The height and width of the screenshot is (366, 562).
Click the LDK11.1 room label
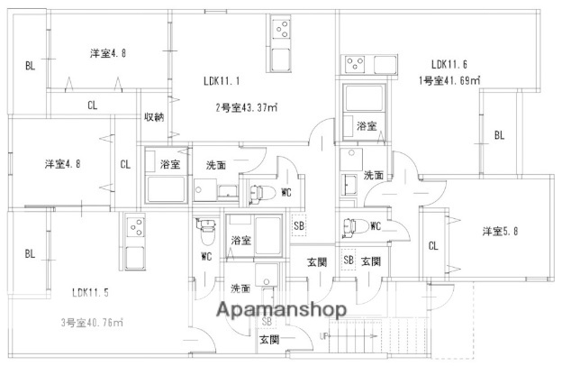pos(220,81)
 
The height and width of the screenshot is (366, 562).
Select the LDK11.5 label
pos(92,292)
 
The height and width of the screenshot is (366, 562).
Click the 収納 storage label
pos(154,117)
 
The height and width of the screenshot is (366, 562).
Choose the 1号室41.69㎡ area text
pos(449,81)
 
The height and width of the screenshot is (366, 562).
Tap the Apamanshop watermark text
pos(280,310)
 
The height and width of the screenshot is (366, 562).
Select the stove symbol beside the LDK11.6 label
pos(353,65)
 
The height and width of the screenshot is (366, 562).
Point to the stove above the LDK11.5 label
pos(136,225)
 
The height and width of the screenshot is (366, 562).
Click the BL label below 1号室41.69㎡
pos(498,136)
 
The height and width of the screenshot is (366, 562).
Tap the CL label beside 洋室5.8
pos(433,246)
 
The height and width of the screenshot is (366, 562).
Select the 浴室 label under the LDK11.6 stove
pos(366,125)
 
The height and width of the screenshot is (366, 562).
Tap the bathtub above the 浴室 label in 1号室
pos(365,99)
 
